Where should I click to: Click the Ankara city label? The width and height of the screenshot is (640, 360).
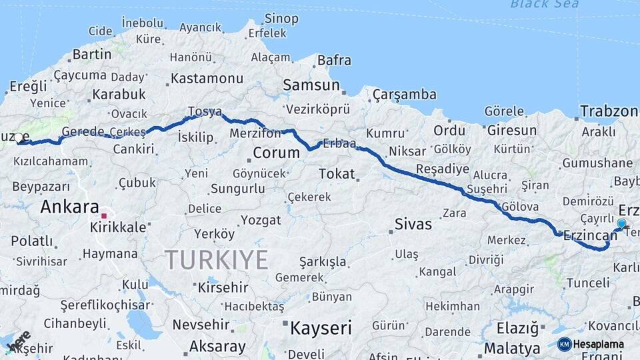click(69, 207)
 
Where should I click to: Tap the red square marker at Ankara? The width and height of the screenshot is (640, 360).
click(103, 215)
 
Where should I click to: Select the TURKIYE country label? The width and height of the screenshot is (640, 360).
click(217, 259)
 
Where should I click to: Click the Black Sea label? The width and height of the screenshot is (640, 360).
click(545, 4)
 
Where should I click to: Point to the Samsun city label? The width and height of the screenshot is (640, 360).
click(311, 85)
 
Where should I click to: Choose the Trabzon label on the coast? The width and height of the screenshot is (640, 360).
click(609, 111)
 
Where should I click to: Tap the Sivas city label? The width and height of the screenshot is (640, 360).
click(413, 223)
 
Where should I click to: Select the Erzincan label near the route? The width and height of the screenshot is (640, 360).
click(590, 236)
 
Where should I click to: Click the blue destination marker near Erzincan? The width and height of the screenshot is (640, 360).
click(621, 224)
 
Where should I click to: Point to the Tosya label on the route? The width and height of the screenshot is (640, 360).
click(205, 111)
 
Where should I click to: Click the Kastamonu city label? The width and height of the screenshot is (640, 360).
click(207, 78)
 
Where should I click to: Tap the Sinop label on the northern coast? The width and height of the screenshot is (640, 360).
click(281, 19)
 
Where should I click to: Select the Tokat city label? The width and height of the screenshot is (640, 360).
click(337, 174)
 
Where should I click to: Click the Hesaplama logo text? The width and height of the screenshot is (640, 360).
click(599, 344)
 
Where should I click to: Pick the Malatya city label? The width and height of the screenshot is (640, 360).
click(512, 348)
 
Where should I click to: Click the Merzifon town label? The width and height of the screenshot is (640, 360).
click(255, 133)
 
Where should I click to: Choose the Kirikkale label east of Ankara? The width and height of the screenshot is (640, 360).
click(119, 227)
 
